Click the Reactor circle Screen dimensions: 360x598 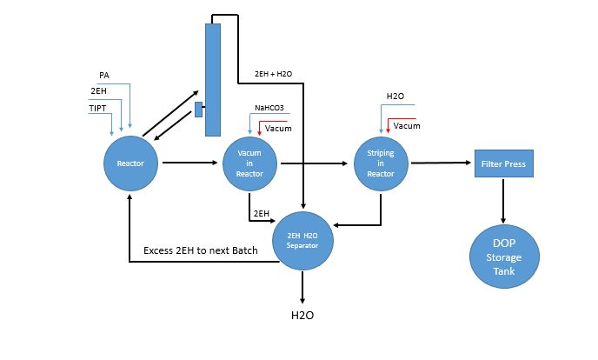click(x=130, y=163)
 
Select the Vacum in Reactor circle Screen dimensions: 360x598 click(x=249, y=163)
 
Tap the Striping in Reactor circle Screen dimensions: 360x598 click(x=381, y=163)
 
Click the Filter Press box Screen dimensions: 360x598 click(x=503, y=163)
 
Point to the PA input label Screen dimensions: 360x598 click(x=104, y=76)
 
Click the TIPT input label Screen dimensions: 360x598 click(x=97, y=108)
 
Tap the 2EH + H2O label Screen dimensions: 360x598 click(x=273, y=73)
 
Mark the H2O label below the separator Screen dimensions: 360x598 click(x=302, y=315)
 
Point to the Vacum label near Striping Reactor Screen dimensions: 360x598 click(x=407, y=126)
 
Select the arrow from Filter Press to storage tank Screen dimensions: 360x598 click(x=503, y=198)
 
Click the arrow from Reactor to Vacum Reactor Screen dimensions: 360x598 click(x=189, y=162)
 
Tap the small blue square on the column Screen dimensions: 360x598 click(x=199, y=109)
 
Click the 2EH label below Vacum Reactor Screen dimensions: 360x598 click(x=260, y=213)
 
